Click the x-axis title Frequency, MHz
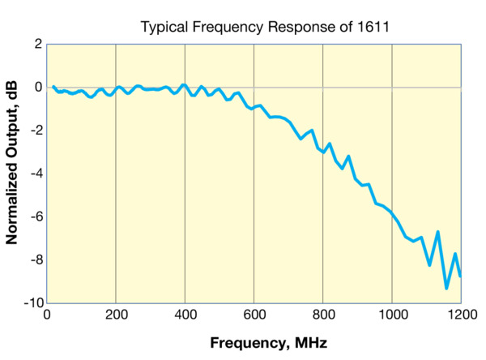(269, 342)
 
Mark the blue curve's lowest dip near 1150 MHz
(446, 288)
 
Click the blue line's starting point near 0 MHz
(53, 87)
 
